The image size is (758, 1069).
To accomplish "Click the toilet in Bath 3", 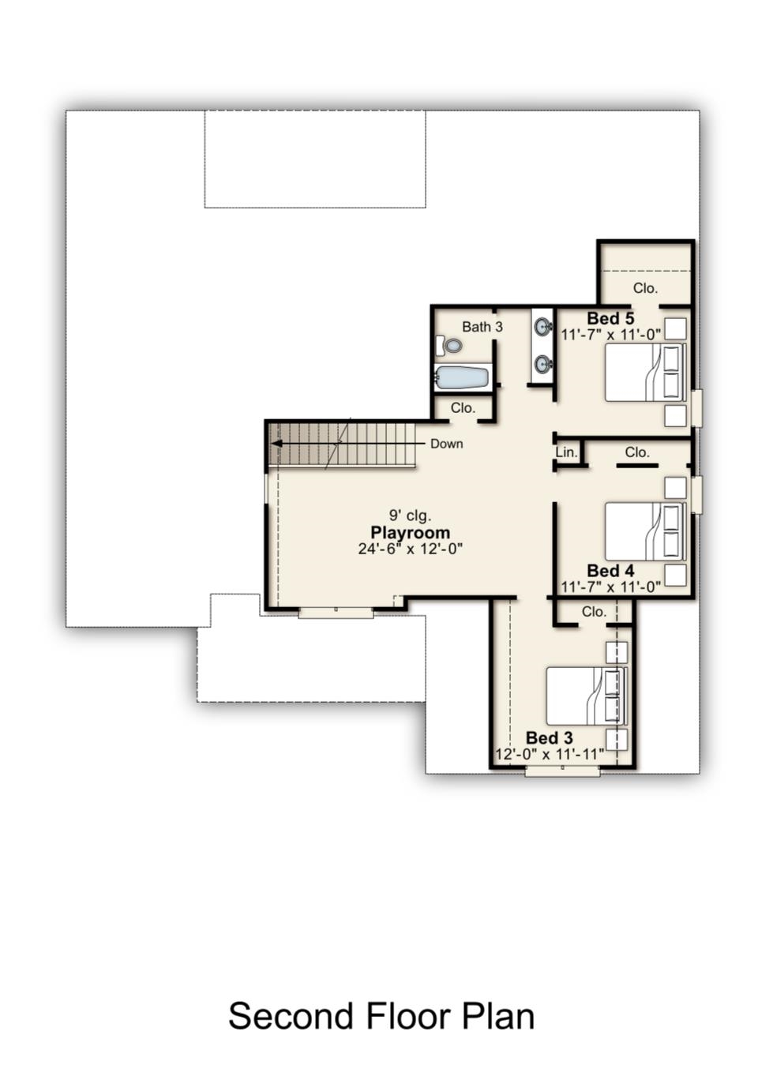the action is pyautogui.click(x=448, y=346).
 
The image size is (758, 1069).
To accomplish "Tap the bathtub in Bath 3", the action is pyautogui.click(x=463, y=378).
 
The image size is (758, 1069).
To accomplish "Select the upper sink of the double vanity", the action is pyautogui.click(x=543, y=327).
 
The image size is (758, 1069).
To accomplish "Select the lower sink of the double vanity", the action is pyautogui.click(x=543, y=364).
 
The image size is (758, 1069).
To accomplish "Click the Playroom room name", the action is pyautogui.click(x=410, y=533).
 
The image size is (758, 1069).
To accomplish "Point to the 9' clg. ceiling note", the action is pyautogui.click(x=410, y=516).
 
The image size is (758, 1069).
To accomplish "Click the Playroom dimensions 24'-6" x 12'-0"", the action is pyautogui.click(x=411, y=549).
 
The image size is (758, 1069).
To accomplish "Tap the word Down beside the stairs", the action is pyautogui.click(x=446, y=444).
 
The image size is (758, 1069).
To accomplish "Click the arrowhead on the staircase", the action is pyautogui.click(x=276, y=444).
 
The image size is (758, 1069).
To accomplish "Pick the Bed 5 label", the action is pyautogui.click(x=610, y=318).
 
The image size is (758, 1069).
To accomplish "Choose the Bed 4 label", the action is pyautogui.click(x=610, y=571).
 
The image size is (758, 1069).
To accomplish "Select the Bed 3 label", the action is pyautogui.click(x=549, y=738).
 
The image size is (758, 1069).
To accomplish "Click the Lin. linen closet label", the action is pyautogui.click(x=567, y=452).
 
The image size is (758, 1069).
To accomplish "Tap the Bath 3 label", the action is pyautogui.click(x=482, y=327).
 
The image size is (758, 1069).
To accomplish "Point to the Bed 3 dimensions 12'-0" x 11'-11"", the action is pyautogui.click(x=550, y=755).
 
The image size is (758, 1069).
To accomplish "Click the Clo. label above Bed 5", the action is pyautogui.click(x=645, y=288).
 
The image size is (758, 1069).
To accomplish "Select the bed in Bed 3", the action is pyautogui.click(x=587, y=696).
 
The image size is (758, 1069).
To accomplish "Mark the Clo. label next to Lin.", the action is pyautogui.click(x=637, y=452).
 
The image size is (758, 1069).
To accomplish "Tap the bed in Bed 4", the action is pyautogui.click(x=645, y=531).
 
